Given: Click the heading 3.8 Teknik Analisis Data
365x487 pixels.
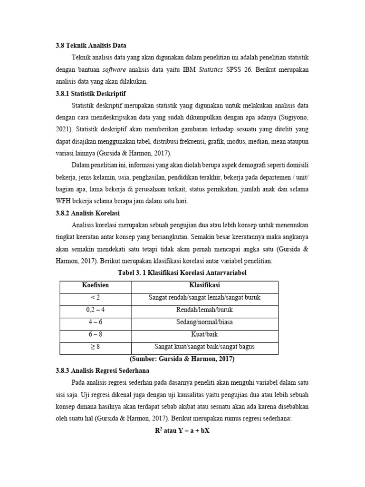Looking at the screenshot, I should [x=91, y=46].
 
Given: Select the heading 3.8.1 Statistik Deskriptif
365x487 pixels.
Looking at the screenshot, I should [x=91, y=93].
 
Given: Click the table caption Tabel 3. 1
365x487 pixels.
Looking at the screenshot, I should [x=182, y=273].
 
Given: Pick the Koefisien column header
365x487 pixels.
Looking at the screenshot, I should [x=95, y=285].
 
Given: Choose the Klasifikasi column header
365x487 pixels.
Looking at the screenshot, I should [x=204, y=285].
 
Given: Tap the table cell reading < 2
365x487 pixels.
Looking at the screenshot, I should [x=95, y=298].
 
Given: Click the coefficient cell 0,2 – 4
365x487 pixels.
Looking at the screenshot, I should [x=95, y=310].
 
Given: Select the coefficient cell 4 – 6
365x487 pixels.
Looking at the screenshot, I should [x=95, y=322].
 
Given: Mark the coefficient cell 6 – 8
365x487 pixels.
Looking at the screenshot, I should [x=95, y=334].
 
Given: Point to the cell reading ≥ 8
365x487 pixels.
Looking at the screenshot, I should [x=95, y=347].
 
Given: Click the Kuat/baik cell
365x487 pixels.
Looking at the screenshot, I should [x=204, y=334].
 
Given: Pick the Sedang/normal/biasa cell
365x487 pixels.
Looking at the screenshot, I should [x=204, y=322].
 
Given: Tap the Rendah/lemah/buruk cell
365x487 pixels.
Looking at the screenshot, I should [x=204, y=310].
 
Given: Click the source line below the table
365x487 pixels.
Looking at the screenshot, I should [x=182, y=359].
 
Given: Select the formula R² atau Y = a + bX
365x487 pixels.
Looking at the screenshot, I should [x=182, y=431].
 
